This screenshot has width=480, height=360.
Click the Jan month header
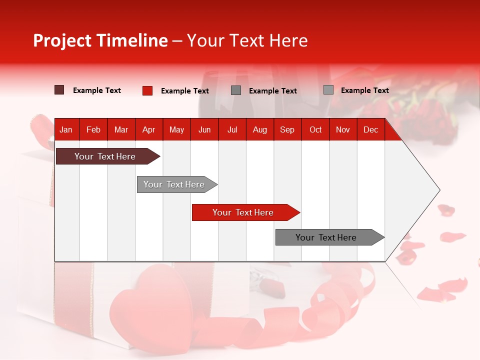pyautogui.click(x=66, y=129)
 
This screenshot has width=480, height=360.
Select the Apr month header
pyautogui.click(x=148, y=129)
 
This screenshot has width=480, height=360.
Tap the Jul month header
pyautogui.click(x=232, y=129)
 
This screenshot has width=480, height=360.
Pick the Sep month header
pyautogui.click(x=287, y=129)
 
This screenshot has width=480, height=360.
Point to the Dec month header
pyautogui.click(x=370, y=129)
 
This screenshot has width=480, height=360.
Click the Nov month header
pyautogui.click(x=342, y=129)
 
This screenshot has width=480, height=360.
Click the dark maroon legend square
pyautogui.click(x=59, y=90)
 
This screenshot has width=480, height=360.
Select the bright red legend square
pyautogui.click(x=147, y=90)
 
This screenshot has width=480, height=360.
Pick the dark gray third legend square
pyautogui.click(x=236, y=90)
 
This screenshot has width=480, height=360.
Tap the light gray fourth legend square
pyautogui.click(x=328, y=90)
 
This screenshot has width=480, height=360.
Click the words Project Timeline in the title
pyautogui.click(x=100, y=40)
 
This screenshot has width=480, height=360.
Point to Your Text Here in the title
pyautogui.click(x=247, y=40)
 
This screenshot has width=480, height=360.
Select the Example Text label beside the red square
pyautogui.click(x=184, y=91)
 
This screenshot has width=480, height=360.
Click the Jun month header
pyautogui.click(x=204, y=129)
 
